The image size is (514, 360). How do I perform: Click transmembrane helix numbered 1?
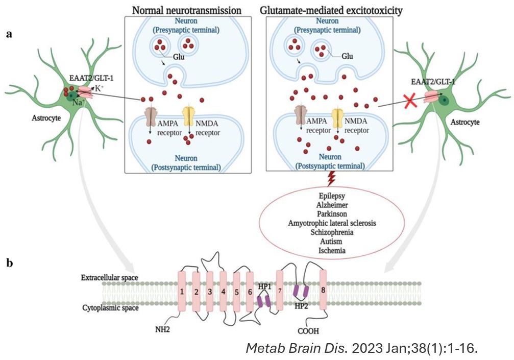click(182, 291)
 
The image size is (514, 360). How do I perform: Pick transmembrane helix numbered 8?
click(323, 290)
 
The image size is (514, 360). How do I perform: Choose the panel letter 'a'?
click(9, 35)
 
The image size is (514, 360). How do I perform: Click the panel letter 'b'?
click(9, 263)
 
